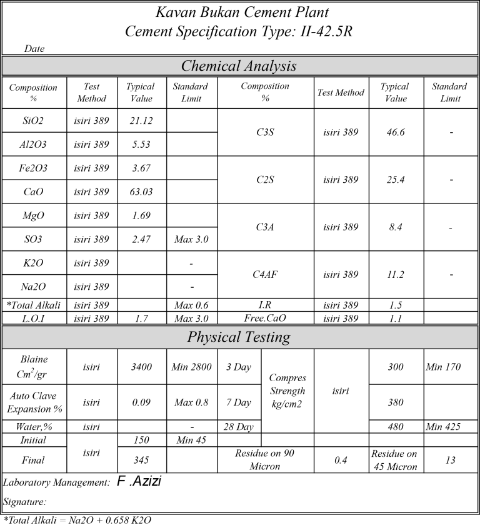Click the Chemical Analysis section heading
(x=239, y=66)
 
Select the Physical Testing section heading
(x=239, y=337)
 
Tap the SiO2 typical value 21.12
(x=140, y=121)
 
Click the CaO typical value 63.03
(x=140, y=192)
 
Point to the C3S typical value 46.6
(x=396, y=133)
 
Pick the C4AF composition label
(x=264, y=274)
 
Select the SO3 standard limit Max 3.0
(x=191, y=239)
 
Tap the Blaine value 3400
(x=141, y=367)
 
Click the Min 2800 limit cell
(x=191, y=367)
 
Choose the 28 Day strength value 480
(x=396, y=427)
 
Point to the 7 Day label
(x=238, y=402)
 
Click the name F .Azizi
(x=140, y=481)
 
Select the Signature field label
(x=26, y=502)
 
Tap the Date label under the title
(x=34, y=48)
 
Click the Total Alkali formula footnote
(x=77, y=520)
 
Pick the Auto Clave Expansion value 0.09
(x=141, y=402)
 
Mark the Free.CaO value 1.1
(x=396, y=318)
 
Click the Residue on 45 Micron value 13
(x=450, y=460)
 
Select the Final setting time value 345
(x=141, y=460)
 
